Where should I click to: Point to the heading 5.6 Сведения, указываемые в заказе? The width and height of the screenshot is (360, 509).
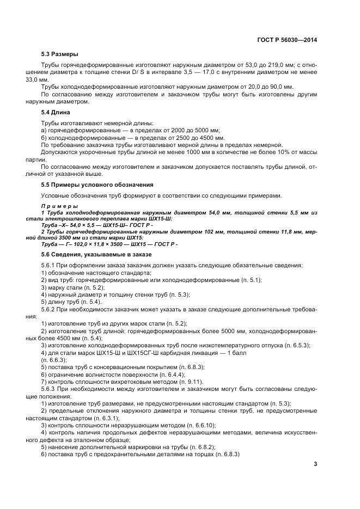click(96, 254)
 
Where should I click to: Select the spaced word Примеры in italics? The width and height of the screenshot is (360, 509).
click(59, 206)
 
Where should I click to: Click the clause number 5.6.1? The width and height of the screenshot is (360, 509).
click(50, 265)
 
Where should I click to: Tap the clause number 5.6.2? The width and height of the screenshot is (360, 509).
click(50, 309)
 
